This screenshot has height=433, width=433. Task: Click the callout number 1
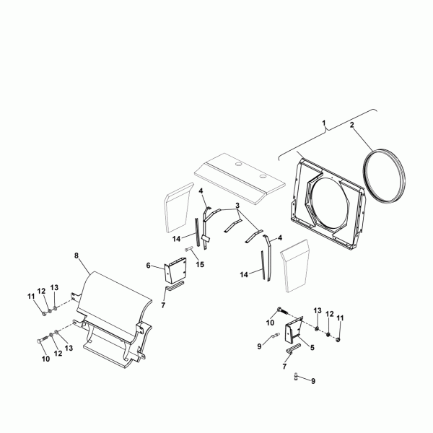coord(324,123)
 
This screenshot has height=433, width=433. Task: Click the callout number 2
coord(352,125)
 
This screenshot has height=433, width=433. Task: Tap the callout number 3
coord(237,206)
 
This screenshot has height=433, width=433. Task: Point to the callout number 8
coord(76,255)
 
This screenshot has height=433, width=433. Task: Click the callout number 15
coord(200,265)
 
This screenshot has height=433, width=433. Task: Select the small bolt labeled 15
coord(188,249)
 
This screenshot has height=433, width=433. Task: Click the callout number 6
coord(148,266)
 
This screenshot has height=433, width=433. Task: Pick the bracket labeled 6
coord(175,271)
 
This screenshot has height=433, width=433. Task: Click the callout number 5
coord(312,347)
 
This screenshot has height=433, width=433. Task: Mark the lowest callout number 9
coord(313,381)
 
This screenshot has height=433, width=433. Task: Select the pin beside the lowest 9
coord(296,377)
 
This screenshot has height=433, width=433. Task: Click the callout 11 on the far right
coord(340,318)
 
